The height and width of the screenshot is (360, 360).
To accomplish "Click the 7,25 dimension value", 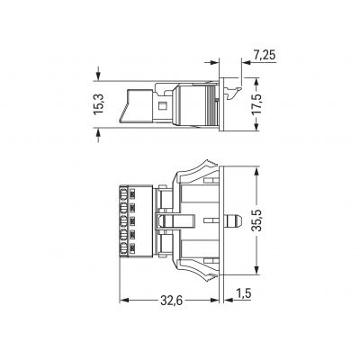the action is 265,56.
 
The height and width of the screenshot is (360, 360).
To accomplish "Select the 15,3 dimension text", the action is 98,104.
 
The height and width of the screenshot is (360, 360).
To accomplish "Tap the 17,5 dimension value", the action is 256,104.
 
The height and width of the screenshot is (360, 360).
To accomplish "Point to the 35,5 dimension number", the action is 256,220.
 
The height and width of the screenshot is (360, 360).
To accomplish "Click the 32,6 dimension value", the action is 171,301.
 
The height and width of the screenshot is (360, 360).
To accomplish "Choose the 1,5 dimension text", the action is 243,293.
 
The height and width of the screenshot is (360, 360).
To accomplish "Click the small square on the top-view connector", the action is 163,106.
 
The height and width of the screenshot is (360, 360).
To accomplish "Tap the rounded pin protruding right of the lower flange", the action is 233,220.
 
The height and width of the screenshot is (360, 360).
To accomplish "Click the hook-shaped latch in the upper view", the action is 233,93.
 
